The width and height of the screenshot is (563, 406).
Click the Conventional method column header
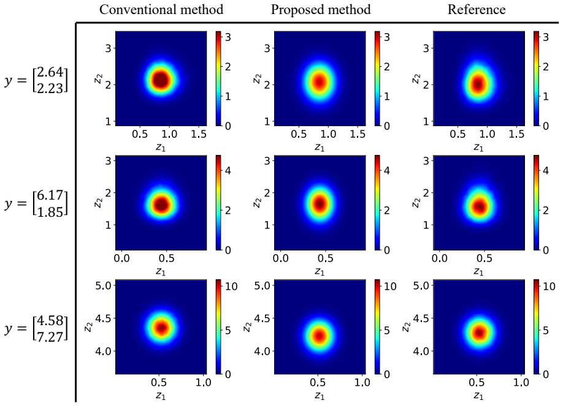(161, 9)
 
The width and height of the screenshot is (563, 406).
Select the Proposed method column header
(321, 9)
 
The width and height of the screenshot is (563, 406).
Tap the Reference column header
(477, 9)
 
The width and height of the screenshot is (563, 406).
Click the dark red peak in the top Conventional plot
(161, 79)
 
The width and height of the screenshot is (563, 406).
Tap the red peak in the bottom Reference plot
(479, 333)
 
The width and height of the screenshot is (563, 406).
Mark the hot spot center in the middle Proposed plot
(320, 204)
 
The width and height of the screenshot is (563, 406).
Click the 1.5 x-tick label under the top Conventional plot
(199, 134)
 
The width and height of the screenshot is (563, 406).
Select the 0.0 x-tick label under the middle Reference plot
(439, 258)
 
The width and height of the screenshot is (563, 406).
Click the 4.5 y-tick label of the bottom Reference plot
(421, 318)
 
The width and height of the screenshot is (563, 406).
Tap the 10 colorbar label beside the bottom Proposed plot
(390, 286)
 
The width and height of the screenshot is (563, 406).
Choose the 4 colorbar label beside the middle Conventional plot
(228, 170)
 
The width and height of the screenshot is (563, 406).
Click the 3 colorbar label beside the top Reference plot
(546, 37)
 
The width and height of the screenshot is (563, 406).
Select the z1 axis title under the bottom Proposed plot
(320, 396)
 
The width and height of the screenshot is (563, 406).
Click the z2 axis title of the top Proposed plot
(257, 78)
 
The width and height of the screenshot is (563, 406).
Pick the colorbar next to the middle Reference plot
(537, 203)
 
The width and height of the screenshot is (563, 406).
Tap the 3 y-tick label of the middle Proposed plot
(267, 160)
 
